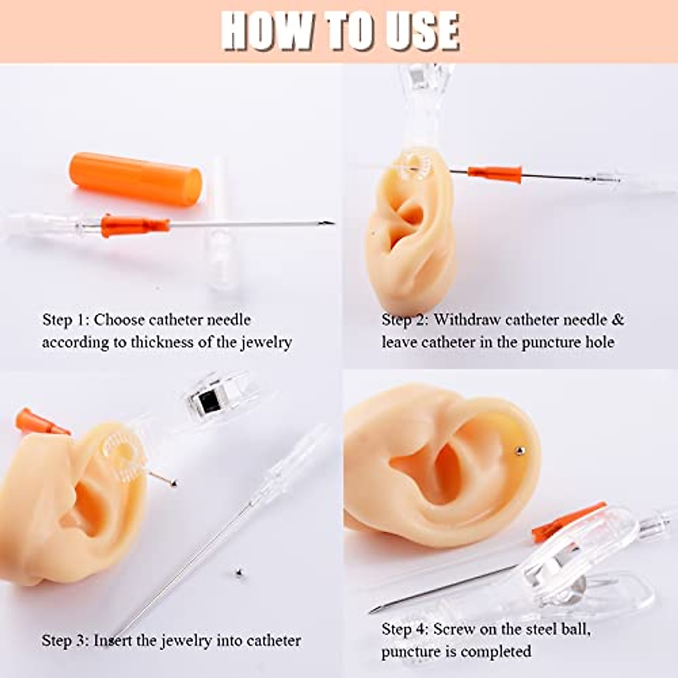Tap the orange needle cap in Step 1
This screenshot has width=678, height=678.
pos(136,178)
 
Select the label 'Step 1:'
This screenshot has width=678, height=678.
pos(66,320)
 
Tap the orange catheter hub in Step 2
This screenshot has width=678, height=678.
pos(494,175)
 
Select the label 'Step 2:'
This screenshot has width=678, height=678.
pos(405,320)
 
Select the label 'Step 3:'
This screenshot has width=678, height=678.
pos(65,641)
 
